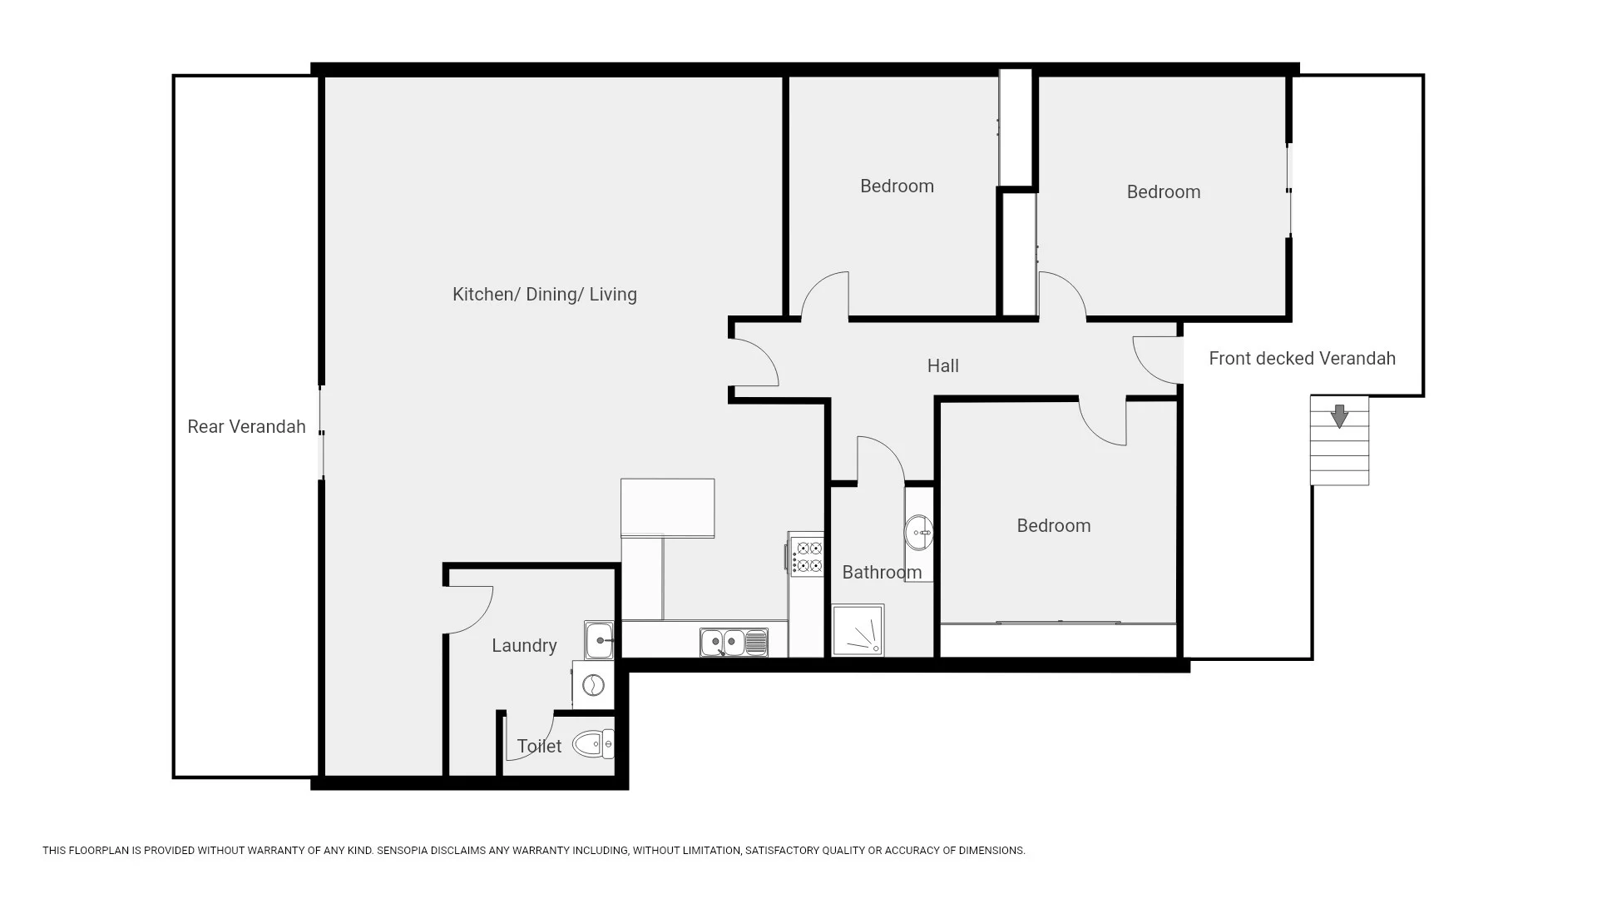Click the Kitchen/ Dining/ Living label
(x=545, y=295)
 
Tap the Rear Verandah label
(x=246, y=427)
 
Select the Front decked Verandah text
(x=1302, y=359)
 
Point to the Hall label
(x=943, y=366)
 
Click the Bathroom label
(x=882, y=573)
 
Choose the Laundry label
(x=524, y=646)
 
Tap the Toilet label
(x=539, y=747)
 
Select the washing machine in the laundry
(x=593, y=685)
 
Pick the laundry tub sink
(x=599, y=641)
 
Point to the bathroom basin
(x=919, y=533)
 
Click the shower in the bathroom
(x=858, y=629)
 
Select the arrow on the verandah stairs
(x=1339, y=416)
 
